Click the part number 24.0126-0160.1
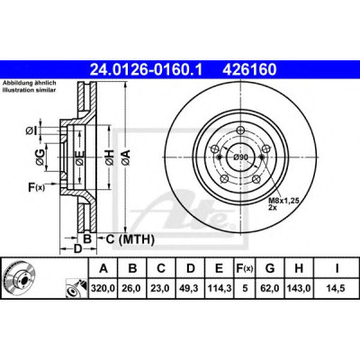click(147, 70)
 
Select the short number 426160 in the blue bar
click(249, 70)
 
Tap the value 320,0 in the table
click(103, 288)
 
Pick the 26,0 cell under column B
click(132, 288)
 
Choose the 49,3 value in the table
click(191, 288)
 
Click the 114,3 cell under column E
click(220, 288)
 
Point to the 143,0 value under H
click(299, 288)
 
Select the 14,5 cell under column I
click(337, 288)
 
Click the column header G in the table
click(270, 268)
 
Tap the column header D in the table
click(191, 268)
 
